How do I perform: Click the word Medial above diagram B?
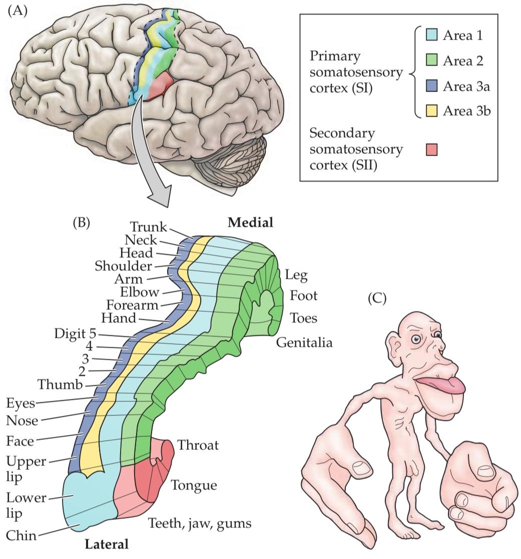click(x=250, y=223)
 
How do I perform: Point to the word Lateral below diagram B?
click(x=106, y=543)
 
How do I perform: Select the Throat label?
click(x=198, y=445)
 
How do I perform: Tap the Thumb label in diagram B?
click(x=61, y=384)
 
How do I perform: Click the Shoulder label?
click(x=123, y=265)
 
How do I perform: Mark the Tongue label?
click(x=194, y=485)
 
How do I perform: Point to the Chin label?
click(x=22, y=535)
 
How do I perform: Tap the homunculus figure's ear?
click(x=396, y=344)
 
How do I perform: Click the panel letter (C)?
click(x=377, y=299)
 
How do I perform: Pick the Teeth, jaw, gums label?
click(x=199, y=523)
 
